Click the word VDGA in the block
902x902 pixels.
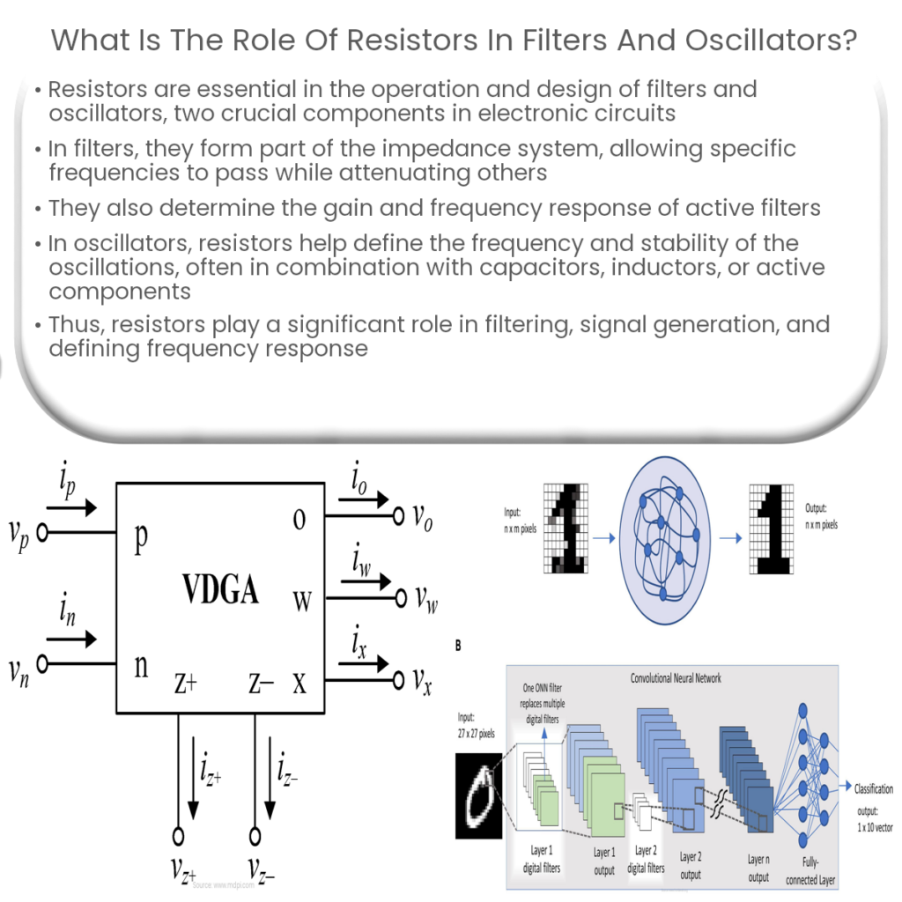(220, 589)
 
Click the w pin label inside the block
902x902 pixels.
(301, 602)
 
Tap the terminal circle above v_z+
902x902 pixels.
(179, 834)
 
